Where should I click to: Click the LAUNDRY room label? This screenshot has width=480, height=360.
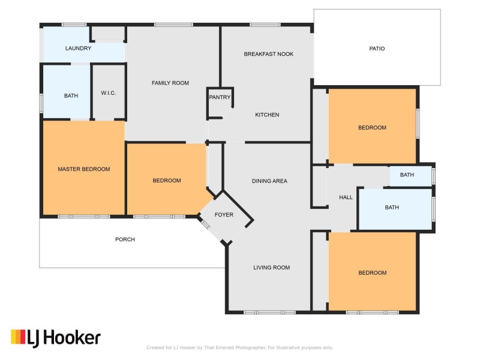78,49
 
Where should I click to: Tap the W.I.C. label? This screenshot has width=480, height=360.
109,93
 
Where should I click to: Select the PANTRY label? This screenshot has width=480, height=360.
220,97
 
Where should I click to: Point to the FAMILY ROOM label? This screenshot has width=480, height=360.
170,83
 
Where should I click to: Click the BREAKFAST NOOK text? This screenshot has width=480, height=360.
268,54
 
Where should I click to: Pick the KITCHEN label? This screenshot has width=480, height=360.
267,115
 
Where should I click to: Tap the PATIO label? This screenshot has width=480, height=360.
377,49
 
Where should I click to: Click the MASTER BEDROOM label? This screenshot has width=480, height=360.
84,169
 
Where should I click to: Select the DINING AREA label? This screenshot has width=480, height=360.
269,181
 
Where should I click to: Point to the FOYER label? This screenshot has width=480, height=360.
224,215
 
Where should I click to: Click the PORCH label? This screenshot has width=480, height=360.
125,239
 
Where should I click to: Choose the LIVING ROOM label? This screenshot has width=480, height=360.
272,268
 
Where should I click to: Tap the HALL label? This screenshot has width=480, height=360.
346,197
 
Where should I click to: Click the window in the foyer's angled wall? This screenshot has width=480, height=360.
205,224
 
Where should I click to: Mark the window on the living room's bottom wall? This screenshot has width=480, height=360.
269,312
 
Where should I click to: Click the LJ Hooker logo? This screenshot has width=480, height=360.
56,338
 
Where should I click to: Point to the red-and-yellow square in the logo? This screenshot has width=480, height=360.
18,337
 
